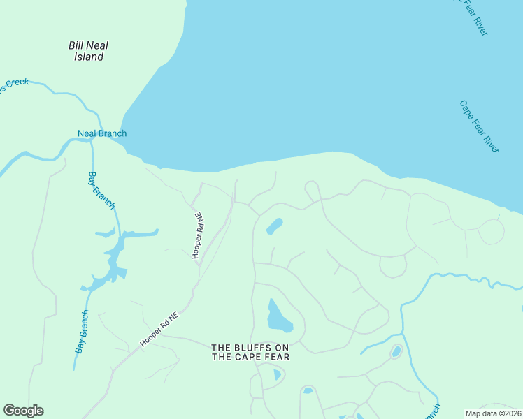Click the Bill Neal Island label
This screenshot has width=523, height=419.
tap(88, 51)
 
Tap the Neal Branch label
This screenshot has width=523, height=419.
tap(102, 133)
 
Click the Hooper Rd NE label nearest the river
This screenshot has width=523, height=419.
tap(198, 235)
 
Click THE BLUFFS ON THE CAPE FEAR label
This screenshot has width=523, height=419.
tap(250, 352)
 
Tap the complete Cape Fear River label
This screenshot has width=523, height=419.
tap(480, 126)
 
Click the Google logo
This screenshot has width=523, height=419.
tap(24, 411)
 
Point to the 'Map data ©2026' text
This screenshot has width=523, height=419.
tap(494, 413)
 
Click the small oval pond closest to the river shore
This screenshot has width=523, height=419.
tap(274, 226)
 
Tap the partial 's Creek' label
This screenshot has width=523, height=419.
tap(15, 84)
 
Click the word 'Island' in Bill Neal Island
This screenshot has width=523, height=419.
tap(89, 57)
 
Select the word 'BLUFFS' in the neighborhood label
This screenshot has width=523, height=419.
tap(250, 347)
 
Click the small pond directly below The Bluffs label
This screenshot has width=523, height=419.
tap(277, 374)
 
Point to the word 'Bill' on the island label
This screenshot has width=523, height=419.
tap(76, 45)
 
